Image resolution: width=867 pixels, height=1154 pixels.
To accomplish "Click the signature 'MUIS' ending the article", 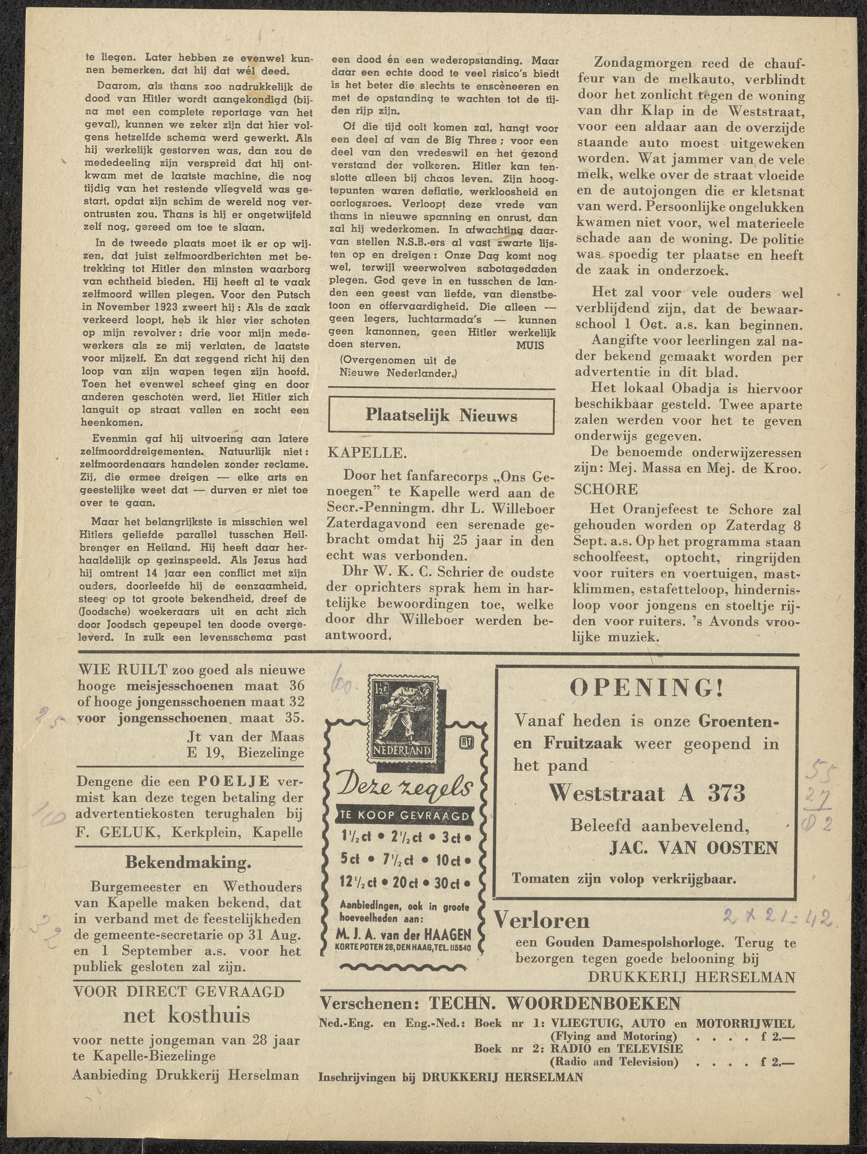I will coord(530,345).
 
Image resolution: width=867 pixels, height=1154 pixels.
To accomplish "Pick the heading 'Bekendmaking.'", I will coord(188,862).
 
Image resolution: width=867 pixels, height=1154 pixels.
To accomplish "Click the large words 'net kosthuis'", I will coord(186,1015).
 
